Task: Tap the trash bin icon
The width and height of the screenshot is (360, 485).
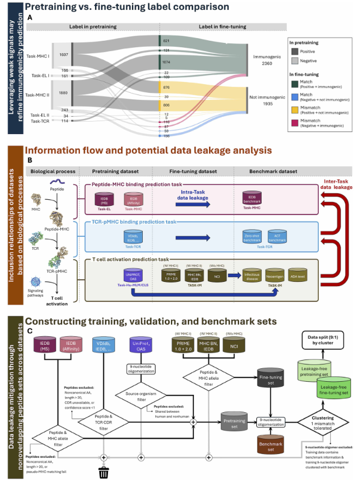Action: click(x=102, y=472)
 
